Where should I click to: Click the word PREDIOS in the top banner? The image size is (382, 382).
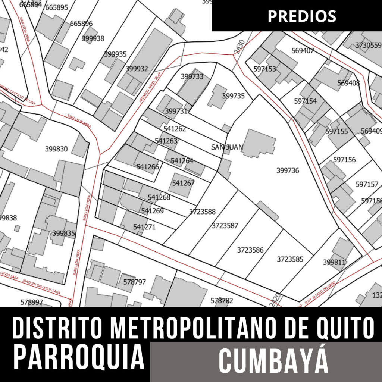point(302,16)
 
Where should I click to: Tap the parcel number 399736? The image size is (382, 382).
point(288,170)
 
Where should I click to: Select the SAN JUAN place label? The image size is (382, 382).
point(227,147)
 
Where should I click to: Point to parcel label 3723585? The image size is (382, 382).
point(290,259)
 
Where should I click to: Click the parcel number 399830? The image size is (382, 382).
point(56,149)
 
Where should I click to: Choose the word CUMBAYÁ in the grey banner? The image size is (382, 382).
point(273,361)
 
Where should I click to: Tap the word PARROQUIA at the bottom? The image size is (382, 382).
point(79,357)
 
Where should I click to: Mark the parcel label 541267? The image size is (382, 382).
point(183,183)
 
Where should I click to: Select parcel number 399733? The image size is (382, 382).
point(192,76)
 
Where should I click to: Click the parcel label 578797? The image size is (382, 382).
point(134,282)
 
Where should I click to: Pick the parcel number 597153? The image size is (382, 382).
point(264,69)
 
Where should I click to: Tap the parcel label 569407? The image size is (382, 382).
point(303,51)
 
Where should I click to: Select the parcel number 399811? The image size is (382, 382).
point(334,262)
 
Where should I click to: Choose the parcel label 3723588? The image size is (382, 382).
point(202,212)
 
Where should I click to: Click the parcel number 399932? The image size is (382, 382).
point(137,69)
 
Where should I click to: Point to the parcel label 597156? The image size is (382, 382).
point(344,160)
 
